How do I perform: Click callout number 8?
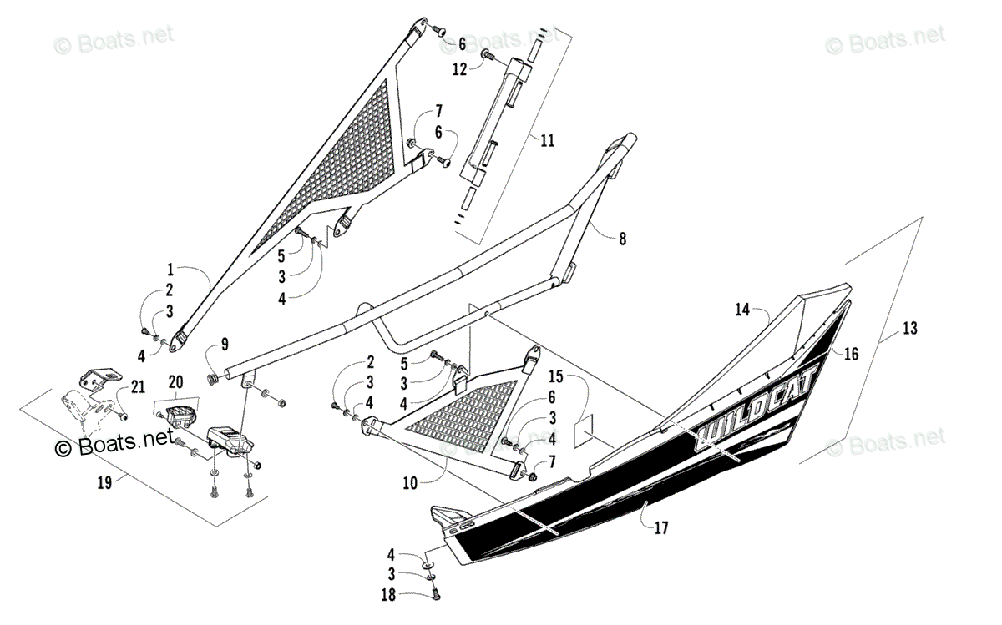pyautogui.click(x=620, y=239)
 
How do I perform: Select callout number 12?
pyautogui.click(x=460, y=69)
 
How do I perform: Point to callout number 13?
pyautogui.click(x=909, y=329)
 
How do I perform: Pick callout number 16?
pyautogui.click(x=851, y=354)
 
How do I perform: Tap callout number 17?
pyautogui.click(x=660, y=527)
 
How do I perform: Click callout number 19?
pyautogui.click(x=104, y=481)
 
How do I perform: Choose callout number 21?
pyautogui.click(x=136, y=385)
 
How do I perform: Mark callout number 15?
pyautogui.click(x=556, y=376)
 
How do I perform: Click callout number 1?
pyautogui.click(x=170, y=270)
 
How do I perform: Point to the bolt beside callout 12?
pyautogui.click(x=486, y=54)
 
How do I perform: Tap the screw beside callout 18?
pyautogui.click(x=436, y=594)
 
